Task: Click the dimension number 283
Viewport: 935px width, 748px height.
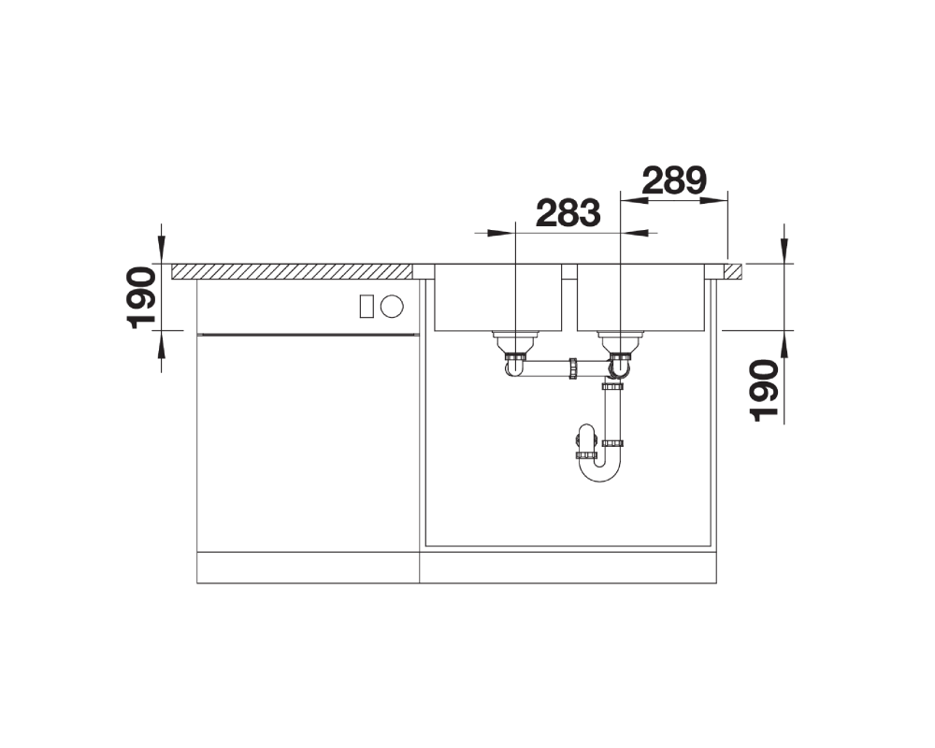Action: point(568,213)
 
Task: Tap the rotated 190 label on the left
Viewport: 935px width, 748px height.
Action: point(141,297)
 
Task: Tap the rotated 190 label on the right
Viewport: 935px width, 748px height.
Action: point(765,390)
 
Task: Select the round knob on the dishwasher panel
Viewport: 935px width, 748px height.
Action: point(392,307)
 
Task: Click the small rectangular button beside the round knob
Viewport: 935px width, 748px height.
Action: point(367,307)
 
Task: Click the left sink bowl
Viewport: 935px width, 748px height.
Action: point(498,297)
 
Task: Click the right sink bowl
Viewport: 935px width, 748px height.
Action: point(640,297)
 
